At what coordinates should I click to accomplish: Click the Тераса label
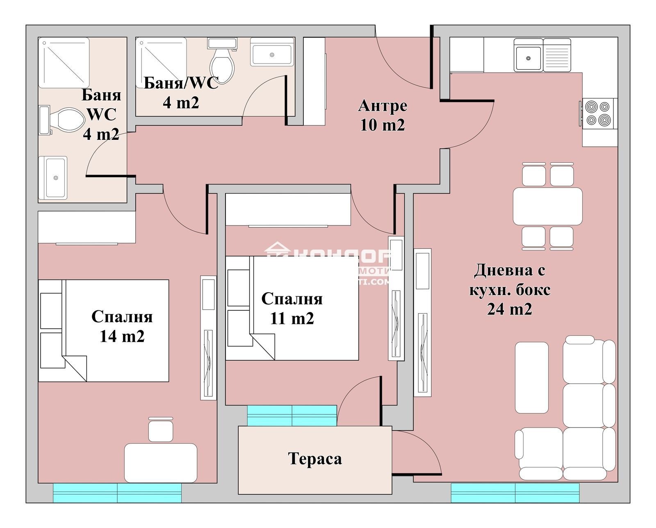[315, 459]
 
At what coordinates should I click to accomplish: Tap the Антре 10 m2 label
[383, 115]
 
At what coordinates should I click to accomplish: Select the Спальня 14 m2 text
[122, 326]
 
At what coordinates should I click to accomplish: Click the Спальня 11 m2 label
[292, 309]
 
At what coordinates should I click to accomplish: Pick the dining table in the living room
[547, 206]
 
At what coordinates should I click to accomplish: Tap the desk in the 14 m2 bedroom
[161, 462]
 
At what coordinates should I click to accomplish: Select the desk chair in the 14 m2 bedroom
[161, 429]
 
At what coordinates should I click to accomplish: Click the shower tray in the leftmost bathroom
[64, 63]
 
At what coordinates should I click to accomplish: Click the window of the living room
[515, 493]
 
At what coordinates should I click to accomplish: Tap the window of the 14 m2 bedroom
[117, 493]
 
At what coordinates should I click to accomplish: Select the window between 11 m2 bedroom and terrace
[292, 415]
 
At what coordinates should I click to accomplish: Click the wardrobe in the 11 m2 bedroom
[288, 209]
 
